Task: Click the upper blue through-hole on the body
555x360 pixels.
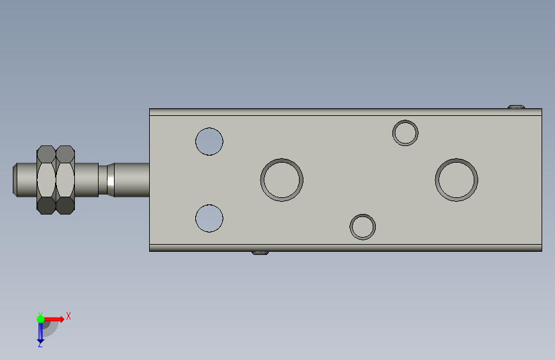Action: coord(209,141)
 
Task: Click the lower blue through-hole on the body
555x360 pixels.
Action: coord(209,218)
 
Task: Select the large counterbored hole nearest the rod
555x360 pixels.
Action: coord(282,179)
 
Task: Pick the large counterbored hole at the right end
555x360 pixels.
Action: coord(456,179)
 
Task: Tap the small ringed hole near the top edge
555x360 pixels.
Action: coord(405,133)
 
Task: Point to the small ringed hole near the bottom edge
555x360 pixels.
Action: coord(362,226)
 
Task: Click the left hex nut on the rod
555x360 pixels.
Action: coord(46,179)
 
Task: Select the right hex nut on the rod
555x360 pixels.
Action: coord(65,179)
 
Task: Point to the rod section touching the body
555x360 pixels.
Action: coord(131,179)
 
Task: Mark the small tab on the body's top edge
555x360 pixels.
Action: coord(516,106)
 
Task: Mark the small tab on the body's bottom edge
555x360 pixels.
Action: coord(259,253)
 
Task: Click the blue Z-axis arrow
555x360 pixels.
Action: coord(40,332)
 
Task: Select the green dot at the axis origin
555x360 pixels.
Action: coord(40,318)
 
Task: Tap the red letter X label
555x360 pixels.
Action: coord(68,316)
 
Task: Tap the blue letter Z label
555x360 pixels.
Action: coord(40,345)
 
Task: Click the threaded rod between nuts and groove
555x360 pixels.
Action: coord(87,179)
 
